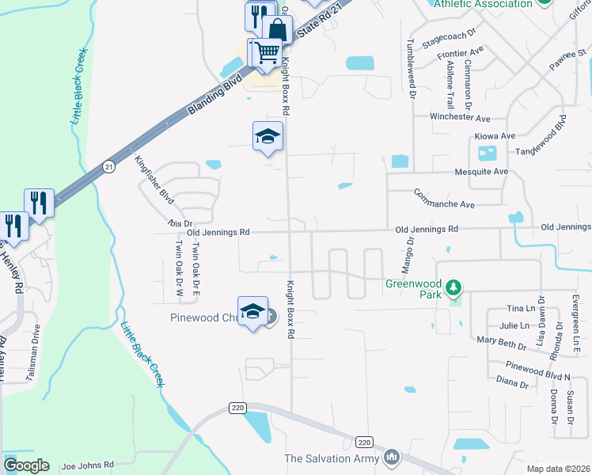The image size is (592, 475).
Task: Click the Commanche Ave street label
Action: click(443, 198)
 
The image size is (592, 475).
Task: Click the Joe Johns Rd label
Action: click(88, 465)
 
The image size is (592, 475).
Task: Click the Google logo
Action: click(25, 465)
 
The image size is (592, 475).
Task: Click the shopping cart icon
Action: click(268, 52)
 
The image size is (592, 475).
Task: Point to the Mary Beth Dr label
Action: click(502, 343)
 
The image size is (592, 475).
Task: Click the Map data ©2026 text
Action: click(558, 469)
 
